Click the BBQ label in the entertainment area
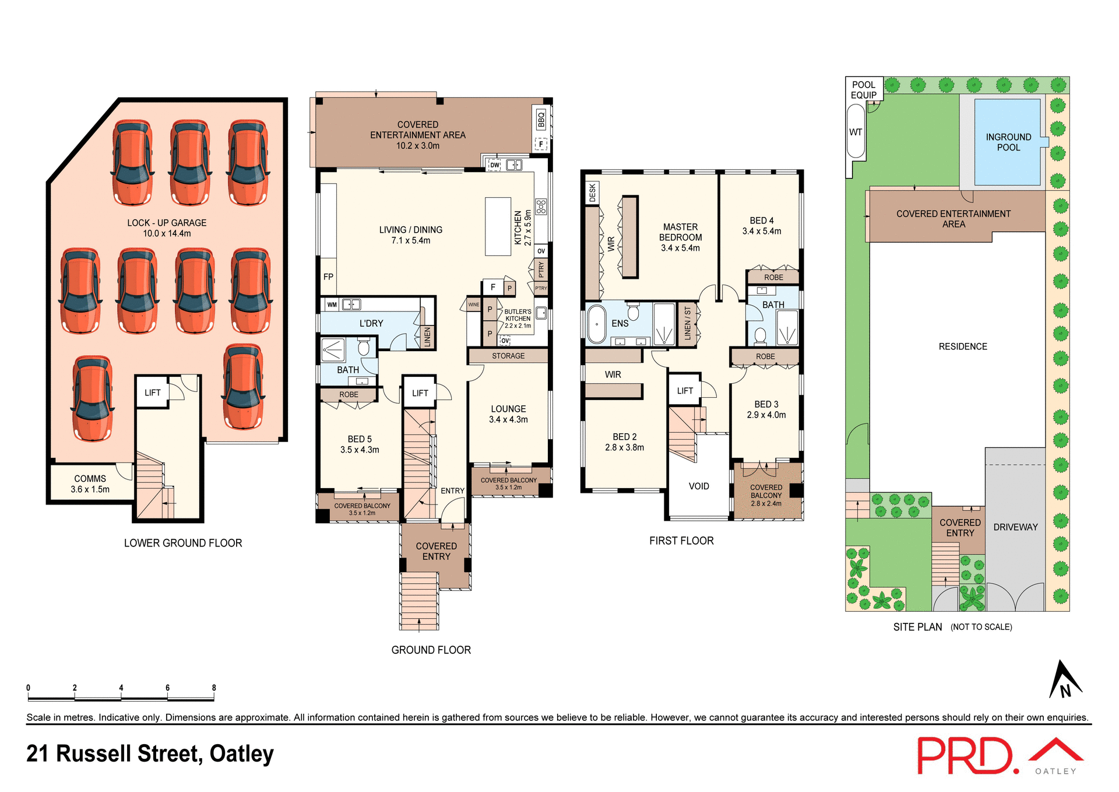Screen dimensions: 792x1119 541,120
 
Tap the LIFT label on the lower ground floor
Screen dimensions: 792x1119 153,393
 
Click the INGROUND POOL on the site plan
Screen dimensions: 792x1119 1008,142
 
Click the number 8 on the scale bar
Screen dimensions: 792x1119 214,688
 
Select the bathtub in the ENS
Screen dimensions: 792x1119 597,324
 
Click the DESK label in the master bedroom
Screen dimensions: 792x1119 593,192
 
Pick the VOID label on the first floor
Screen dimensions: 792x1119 699,486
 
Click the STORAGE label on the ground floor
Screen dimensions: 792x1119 508,356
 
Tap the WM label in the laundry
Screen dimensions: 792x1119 332,304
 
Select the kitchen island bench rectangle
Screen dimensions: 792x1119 498,226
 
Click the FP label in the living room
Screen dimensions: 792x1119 328,277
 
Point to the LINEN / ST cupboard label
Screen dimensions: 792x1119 688,324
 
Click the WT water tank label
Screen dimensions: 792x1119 855,132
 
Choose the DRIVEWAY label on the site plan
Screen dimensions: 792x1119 1015,527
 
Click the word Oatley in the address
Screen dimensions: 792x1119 241,754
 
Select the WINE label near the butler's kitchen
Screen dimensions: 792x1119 473,304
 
